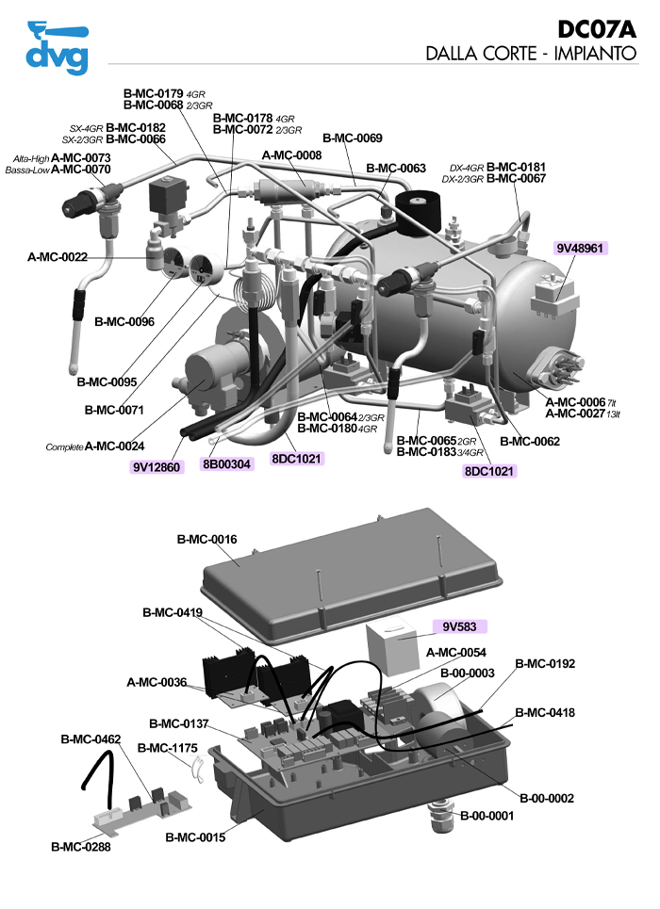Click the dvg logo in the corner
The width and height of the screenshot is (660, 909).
click(58, 47)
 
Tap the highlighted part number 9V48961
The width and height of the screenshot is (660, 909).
click(581, 249)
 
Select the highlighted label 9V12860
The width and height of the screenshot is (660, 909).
click(156, 466)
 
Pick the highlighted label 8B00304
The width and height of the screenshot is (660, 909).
click(227, 463)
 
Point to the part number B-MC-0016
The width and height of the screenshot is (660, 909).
click(206, 540)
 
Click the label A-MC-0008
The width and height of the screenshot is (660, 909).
click(291, 155)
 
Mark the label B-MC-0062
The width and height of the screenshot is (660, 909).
click(530, 441)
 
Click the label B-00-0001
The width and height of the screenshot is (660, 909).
click(487, 816)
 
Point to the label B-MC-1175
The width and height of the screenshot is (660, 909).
click(167, 748)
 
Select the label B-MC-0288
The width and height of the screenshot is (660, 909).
click(81, 847)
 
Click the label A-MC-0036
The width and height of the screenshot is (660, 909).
click(157, 682)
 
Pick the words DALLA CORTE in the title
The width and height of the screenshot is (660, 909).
click(481, 54)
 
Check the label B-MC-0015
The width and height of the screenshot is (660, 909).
click(195, 836)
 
